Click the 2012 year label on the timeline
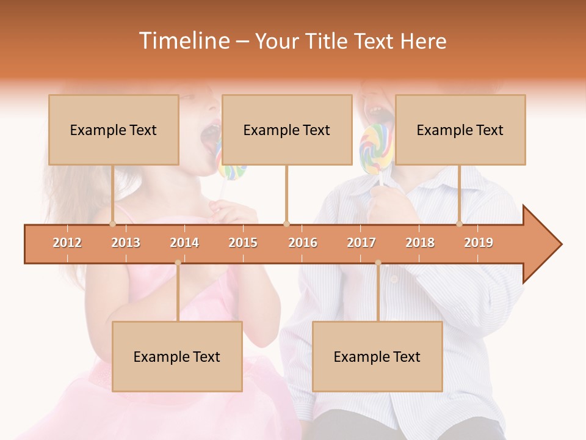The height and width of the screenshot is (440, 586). tap(67, 243)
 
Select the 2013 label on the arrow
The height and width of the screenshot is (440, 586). tap(126, 243)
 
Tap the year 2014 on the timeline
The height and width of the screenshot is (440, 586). tap(184, 243)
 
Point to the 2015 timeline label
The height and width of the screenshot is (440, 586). tap(243, 243)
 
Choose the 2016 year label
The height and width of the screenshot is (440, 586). tap(303, 243)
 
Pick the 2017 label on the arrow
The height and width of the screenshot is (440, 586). tap(361, 243)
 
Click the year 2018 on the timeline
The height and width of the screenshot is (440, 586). tap(420, 243)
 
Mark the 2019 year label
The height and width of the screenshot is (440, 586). tap(479, 243)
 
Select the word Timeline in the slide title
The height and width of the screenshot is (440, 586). tap(183, 41)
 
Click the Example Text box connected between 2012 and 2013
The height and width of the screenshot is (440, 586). tap(114, 130)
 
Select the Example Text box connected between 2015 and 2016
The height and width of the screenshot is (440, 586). tap(287, 130)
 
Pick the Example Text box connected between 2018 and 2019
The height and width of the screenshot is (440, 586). tap(460, 130)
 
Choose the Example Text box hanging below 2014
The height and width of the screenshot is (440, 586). tap(177, 356)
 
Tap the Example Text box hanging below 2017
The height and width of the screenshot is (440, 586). tap(377, 356)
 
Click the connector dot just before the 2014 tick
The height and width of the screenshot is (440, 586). tap(178, 263)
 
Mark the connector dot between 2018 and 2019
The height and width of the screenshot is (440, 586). tap(460, 224)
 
